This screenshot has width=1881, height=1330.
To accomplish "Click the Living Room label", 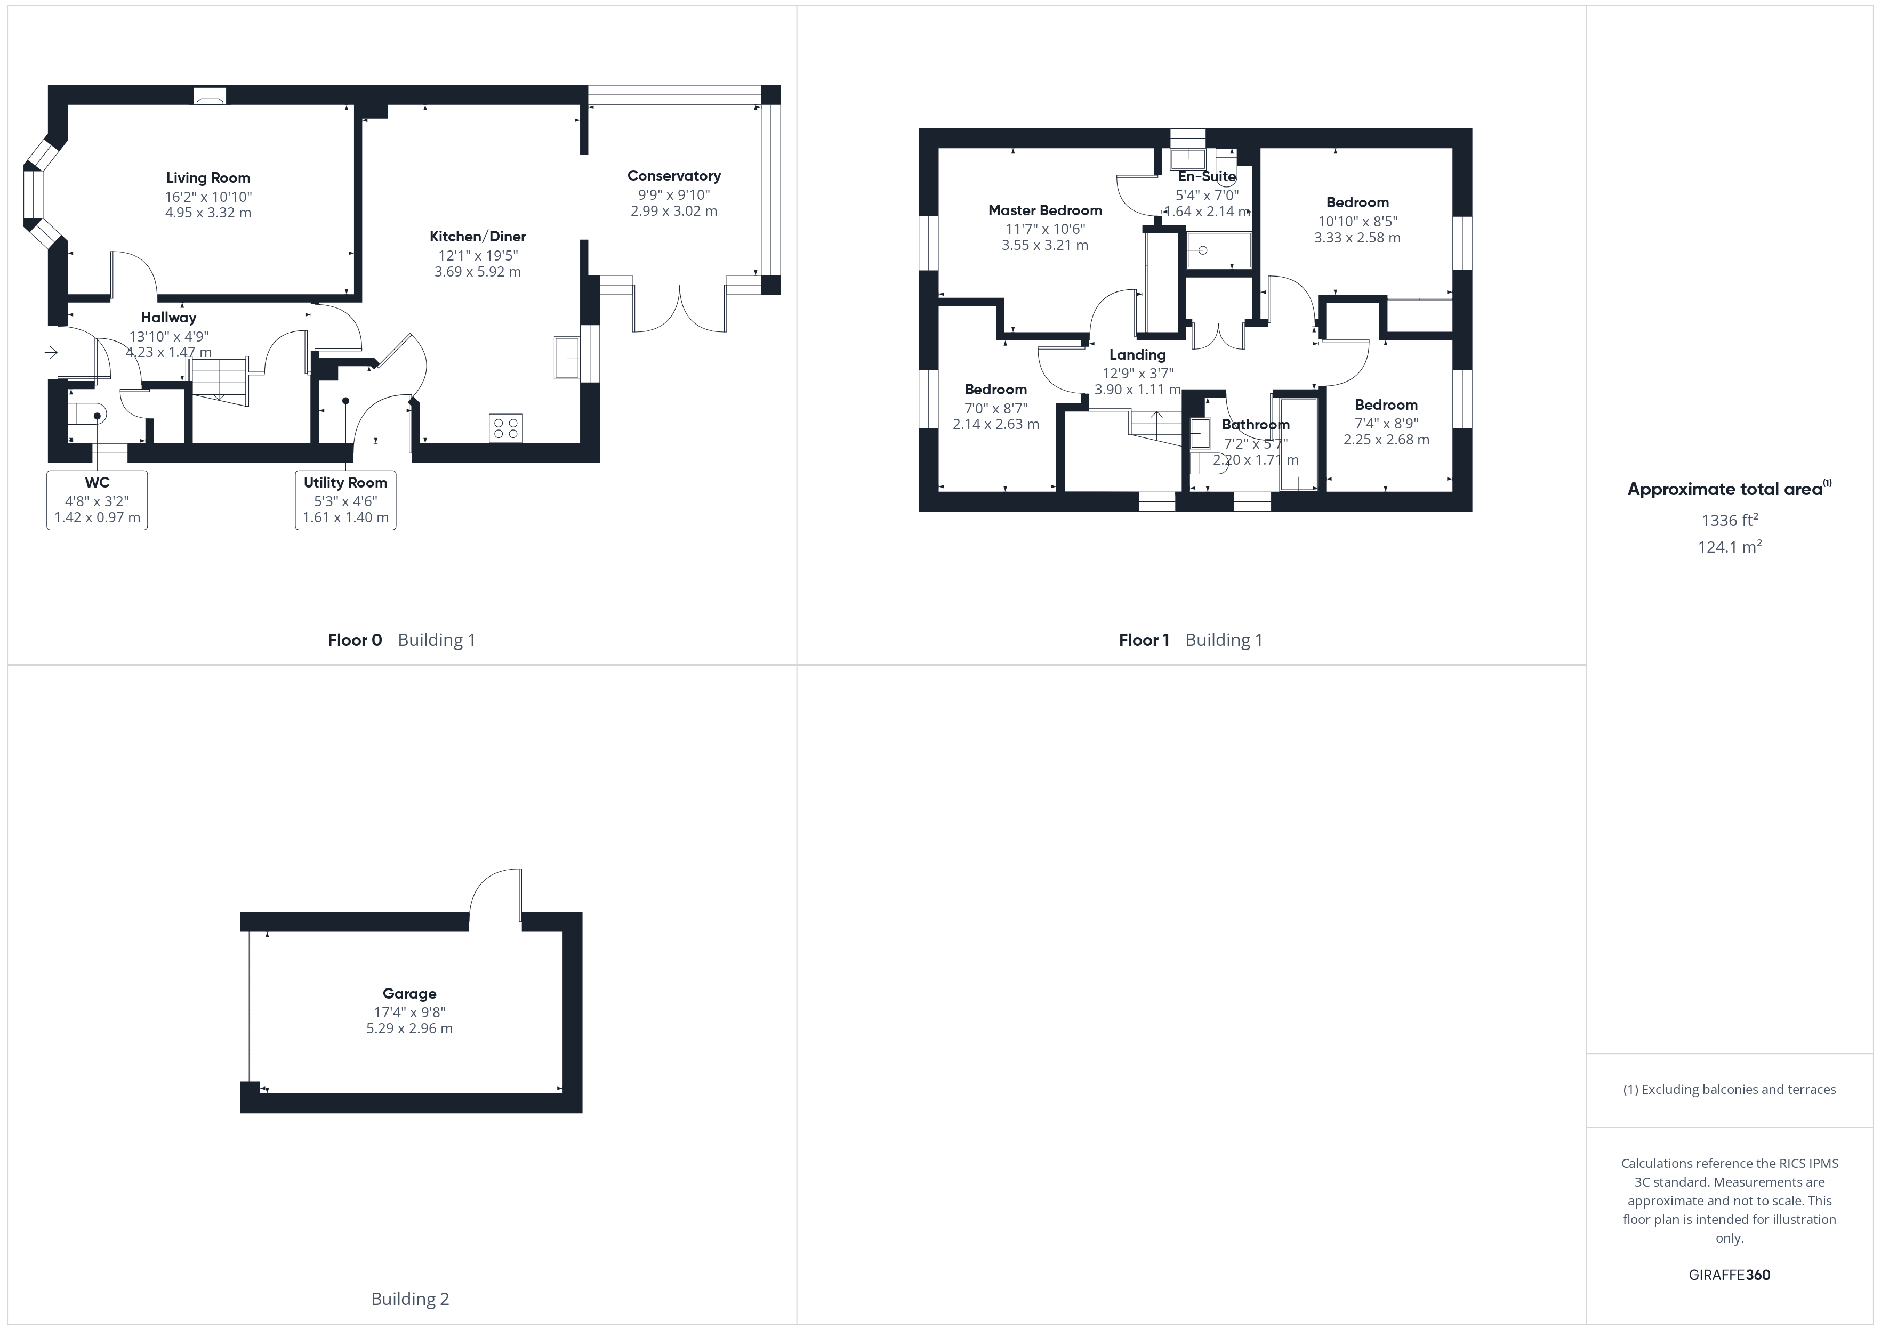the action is (x=208, y=178).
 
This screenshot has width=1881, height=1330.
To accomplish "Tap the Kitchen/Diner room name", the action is (x=478, y=237).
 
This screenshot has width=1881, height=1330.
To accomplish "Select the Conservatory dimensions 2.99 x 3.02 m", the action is (x=673, y=210).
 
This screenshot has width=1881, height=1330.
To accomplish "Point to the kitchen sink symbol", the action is (x=567, y=357).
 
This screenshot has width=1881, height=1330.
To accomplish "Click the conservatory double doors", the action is (x=679, y=307).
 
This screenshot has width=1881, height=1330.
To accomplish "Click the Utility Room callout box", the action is (x=345, y=500).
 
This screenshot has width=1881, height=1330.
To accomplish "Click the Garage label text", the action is (x=409, y=993).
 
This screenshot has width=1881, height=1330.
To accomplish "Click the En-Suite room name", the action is (x=1207, y=176).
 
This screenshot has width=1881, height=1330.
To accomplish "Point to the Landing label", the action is (x=1137, y=354).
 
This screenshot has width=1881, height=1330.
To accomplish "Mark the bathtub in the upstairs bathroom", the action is (x=1298, y=445).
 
